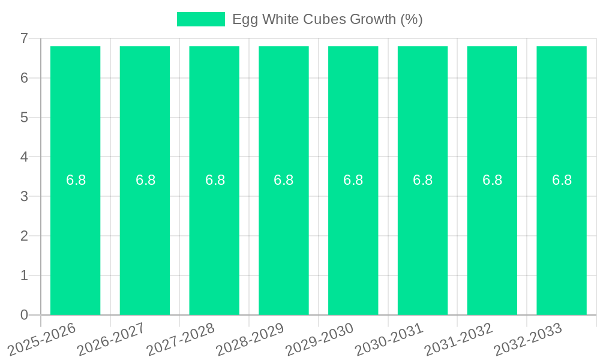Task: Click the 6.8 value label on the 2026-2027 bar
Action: (145, 180)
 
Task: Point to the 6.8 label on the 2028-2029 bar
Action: (283, 180)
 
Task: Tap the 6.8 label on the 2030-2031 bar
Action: (422, 180)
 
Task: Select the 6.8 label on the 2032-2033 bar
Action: (562, 180)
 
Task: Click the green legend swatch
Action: (200, 19)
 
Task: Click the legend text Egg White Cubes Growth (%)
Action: (328, 19)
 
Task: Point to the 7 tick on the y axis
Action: (24, 38)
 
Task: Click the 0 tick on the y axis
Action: (24, 315)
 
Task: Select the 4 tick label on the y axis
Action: (24, 157)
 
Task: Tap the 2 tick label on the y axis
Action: (24, 236)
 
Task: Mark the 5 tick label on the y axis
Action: (24, 118)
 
